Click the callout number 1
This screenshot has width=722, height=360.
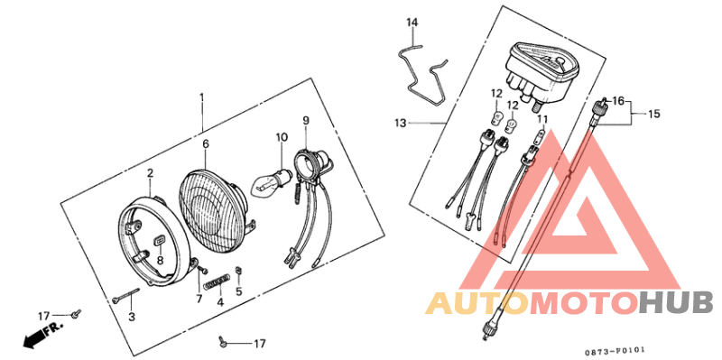tap(202, 97)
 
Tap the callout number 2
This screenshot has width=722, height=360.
tap(151, 172)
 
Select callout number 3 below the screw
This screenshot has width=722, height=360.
tap(131, 317)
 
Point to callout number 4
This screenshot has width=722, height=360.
tap(219, 302)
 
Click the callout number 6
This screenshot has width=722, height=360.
tap(206, 143)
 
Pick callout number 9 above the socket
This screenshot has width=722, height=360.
tap(306, 120)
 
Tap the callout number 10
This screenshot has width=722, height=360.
tap(282, 137)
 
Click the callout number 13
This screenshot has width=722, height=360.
tap(400, 122)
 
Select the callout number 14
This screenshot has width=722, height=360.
tap(412, 22)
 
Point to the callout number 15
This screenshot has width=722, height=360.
tap(654, 114)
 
